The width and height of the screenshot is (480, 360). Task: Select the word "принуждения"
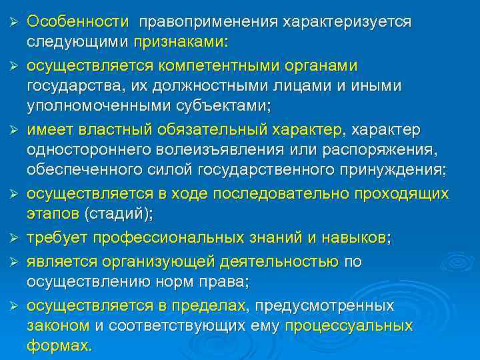393,169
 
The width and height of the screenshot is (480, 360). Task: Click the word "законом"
58,326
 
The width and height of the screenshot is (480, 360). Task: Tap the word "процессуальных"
348,326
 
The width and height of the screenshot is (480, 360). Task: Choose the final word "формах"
58,346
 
